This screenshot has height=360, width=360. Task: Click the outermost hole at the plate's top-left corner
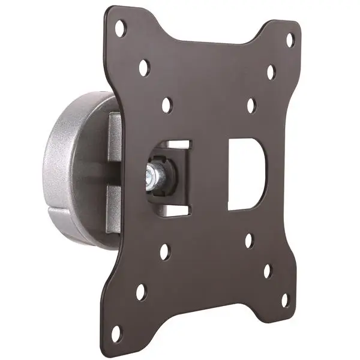[121, 28]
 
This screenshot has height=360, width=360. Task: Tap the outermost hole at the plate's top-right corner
[290, 40]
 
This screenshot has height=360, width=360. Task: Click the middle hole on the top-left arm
[144, 67]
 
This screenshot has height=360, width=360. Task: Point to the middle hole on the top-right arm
[271, 72]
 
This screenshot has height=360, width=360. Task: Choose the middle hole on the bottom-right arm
[267, 271]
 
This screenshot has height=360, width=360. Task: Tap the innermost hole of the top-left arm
[166, 104]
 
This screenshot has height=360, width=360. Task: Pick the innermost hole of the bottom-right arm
[248, 240]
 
